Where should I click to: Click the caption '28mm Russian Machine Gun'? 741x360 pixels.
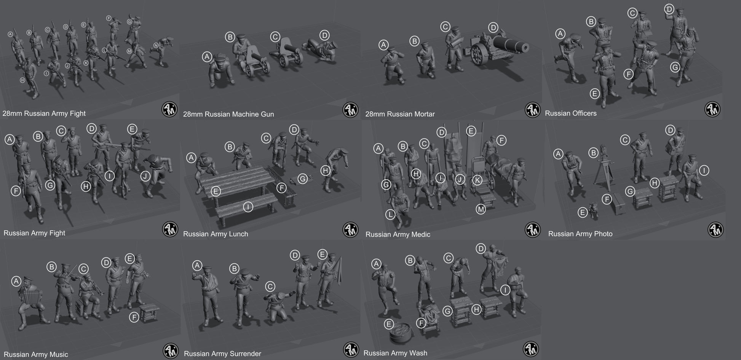click(x=228, y=114)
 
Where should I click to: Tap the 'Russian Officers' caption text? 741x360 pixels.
click(x=570, y=113)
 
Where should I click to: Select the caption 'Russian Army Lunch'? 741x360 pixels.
click(x=216, y=234)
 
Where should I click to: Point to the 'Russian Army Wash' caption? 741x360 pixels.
click(x=395, y=353)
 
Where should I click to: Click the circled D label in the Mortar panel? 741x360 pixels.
click(x=493, y=27)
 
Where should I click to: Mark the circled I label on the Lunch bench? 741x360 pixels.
click(x=248, y=207)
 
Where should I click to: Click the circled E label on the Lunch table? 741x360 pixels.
click(x=216, y=191)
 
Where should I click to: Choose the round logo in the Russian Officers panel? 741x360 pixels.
click(x=712, y=109)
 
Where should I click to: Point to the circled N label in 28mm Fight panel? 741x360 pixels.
click(x=156, y=45)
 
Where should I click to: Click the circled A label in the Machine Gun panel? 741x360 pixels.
click(x=207, y=57)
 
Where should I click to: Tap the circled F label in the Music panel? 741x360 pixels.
click(x=134, y=317)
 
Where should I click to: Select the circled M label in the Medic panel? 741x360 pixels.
click(x=481, y=209)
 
